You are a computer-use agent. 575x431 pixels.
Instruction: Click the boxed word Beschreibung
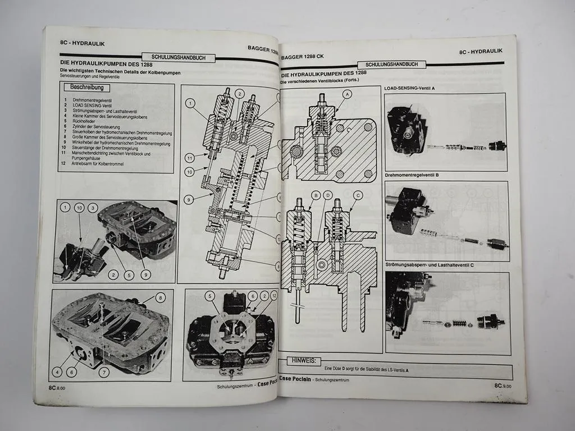[x=87, y=88]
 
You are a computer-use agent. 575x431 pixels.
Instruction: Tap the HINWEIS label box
[x=304, y=360]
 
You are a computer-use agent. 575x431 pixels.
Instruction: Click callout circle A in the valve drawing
[x=347, y=95]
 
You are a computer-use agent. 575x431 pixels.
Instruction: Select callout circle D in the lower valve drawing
[x=328, y=195]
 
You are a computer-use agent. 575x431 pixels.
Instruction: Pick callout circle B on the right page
[x=316, y=195]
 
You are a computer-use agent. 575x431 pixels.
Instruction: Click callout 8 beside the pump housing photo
[x=161, y=298]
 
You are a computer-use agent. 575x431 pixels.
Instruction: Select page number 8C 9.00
[x=505, y=386]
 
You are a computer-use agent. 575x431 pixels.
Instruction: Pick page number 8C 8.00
[x=57, y=387]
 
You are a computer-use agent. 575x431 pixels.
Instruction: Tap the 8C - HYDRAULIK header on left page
[x=82, y=43]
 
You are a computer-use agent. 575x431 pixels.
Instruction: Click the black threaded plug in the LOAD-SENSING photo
[x=496, y=146]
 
